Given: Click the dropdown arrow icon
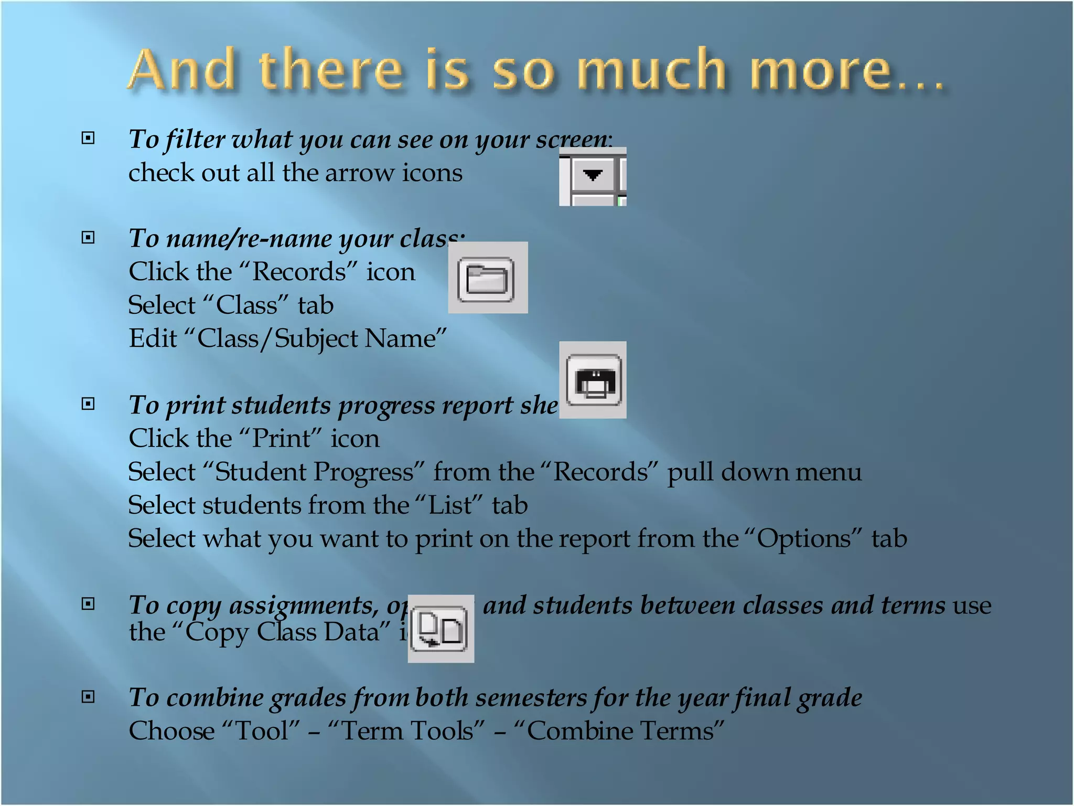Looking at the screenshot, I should point(593,175).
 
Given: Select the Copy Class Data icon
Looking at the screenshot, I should point(440,629).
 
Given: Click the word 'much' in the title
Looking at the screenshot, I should point(651,70).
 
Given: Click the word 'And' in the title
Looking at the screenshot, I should point(181,70).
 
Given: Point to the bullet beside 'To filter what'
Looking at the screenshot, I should point(88,138).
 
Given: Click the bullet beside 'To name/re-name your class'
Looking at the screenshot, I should point(88,238).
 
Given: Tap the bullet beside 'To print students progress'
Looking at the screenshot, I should point(88,404).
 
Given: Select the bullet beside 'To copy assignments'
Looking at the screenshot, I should point(88,604).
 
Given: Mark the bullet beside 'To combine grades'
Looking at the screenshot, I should point(88,696).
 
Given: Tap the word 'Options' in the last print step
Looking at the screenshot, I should point(803,539).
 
